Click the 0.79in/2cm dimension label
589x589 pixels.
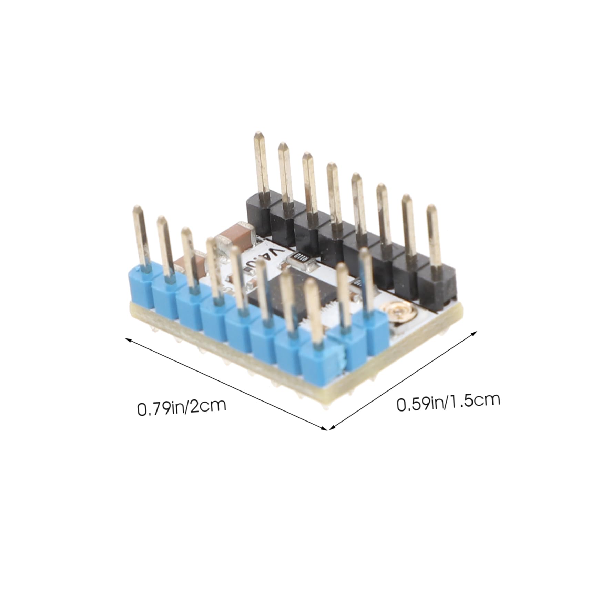point(182,407)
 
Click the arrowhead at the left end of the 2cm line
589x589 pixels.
point(128,339)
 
